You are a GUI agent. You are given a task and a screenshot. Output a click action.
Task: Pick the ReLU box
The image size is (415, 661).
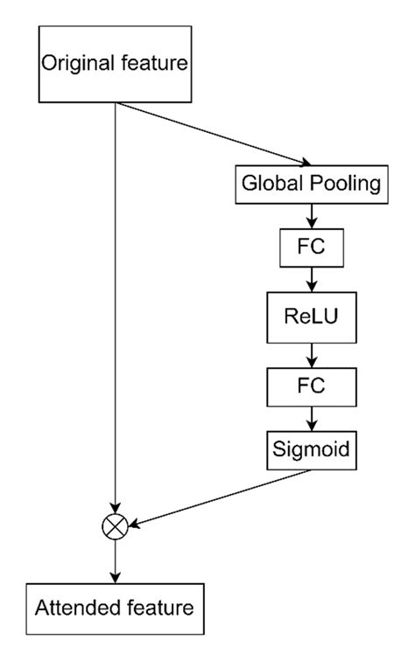click(311, 317)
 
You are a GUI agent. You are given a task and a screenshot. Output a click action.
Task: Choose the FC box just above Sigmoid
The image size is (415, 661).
click(311, 386)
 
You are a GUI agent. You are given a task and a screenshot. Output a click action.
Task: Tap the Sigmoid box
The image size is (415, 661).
click(311, 450)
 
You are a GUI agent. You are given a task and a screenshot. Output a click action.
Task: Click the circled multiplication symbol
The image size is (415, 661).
click(116, 525)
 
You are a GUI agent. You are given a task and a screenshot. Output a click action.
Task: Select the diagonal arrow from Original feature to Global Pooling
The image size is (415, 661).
click(215, 134)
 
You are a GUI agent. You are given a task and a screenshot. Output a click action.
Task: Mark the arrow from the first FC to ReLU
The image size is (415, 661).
click(311, 282)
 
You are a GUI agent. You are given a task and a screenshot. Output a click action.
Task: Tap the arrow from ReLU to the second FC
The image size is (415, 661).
click(311, 352)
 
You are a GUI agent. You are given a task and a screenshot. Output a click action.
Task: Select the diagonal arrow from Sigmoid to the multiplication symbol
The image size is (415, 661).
click(219, 497)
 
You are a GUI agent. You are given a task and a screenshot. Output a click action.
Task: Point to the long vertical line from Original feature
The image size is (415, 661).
click(116, 306)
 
